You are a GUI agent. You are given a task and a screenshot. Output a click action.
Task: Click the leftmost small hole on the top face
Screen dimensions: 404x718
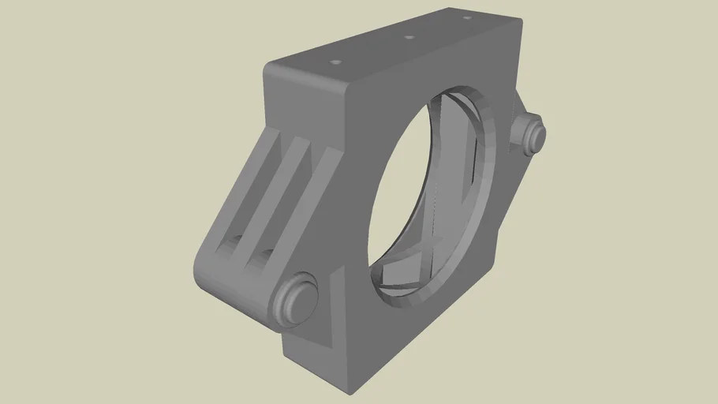tap(335, 60)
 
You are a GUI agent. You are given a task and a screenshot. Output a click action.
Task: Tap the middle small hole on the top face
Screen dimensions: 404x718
tap(409, 37)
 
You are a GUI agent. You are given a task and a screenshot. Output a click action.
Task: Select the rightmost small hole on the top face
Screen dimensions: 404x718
tap(467, 17)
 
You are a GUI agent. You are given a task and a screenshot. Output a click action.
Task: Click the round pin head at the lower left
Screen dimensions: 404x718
tap(294, 300)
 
